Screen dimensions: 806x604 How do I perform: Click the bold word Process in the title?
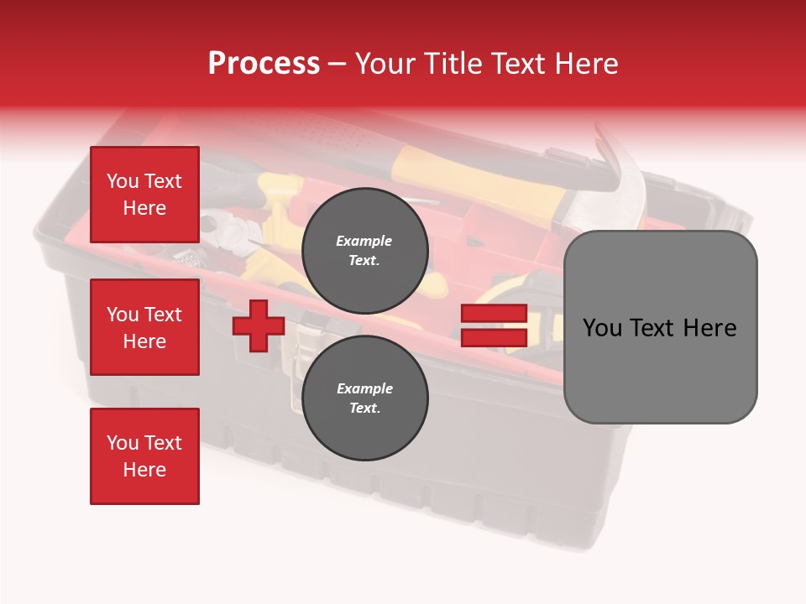click(x=264, y=63)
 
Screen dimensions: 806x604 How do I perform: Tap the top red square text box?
click(x=144, y=194)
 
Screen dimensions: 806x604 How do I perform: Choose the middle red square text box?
click(x=144, y=327)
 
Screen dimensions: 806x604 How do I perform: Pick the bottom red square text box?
click(x=144, y=456)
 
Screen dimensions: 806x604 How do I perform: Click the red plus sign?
click(x=258, y=325)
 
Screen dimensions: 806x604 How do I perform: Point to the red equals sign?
click(x=494, y=325)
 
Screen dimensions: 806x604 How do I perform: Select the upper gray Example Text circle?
click(x=364, y=251)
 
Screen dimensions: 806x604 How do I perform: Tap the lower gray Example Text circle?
click(x=364, y=398)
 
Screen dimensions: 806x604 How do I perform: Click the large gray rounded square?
click(x=660, y=327)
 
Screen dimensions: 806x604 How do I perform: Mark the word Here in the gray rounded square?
click(x=710, y=328)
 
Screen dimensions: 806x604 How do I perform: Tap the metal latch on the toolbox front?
click(x=303, y=354)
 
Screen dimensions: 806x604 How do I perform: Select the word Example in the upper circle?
click(x=364, y=241)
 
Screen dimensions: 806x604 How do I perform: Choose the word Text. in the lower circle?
click(x=364, y=408)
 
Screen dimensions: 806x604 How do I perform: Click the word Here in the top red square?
click(x=144, y=208)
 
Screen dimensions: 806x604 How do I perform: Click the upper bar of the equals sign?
click(x=494, y=313)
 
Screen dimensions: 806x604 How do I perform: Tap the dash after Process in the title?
click(x=338, y=65)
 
